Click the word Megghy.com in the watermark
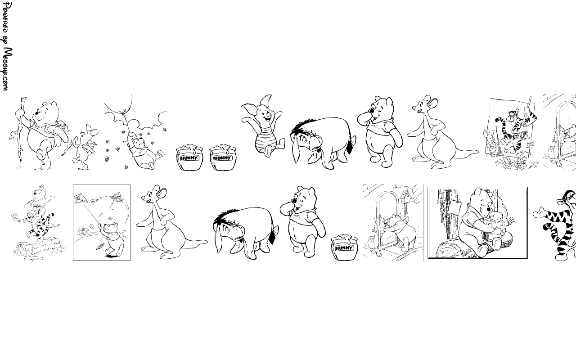(7, 69)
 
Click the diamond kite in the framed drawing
(79, 198)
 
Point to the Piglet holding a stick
(82, 147)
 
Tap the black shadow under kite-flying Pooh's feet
(112, 256)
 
